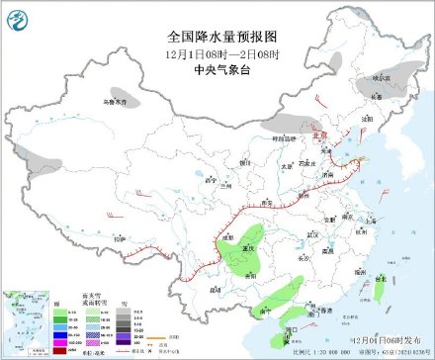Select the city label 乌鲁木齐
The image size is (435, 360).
click(117, 102)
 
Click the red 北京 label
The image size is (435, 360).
click(320, 137)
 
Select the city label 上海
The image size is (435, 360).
click(378, 225)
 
